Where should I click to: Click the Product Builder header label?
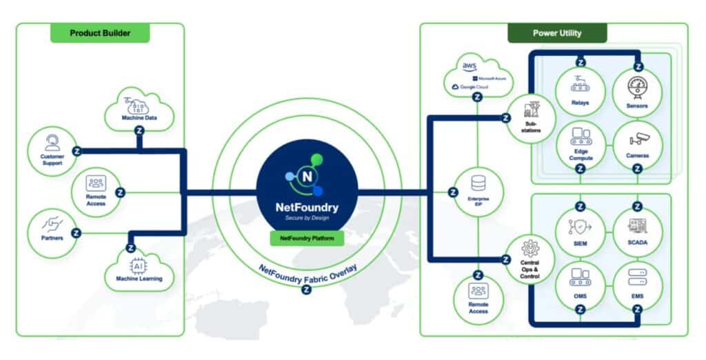pyautogui.click(x=100, y=32)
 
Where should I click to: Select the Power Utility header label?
pyautogui.click(x=557, y=32)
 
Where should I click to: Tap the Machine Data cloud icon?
pyautogui.click(x=140, y=109)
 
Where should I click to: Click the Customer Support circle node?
pyautogui.click(x=51, y=150)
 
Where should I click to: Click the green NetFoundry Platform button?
pyautogui.click(x=307, y=237)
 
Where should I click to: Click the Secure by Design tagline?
pyautogui.click(x=307, y=217)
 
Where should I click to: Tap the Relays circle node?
pyautogui.click(x=580, y=92)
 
